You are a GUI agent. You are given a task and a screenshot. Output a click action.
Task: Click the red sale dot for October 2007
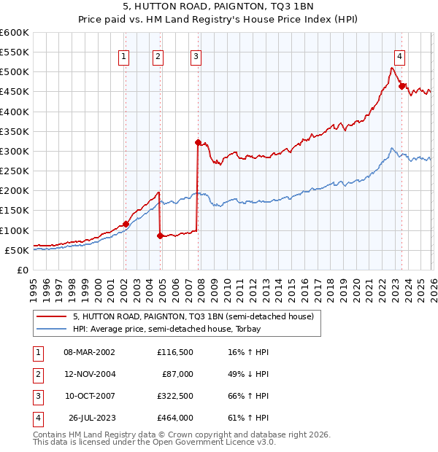pos(198,142)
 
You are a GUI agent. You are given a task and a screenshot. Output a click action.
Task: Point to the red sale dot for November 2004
pos(160,235)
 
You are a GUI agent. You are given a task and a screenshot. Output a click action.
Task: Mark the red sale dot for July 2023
pos(401,86)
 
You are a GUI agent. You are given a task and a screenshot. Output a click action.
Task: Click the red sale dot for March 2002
pos(126,224)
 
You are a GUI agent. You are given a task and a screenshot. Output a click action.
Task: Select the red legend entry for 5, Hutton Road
pos(193,316)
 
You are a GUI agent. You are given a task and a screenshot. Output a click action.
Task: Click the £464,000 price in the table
pos(174,418)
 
